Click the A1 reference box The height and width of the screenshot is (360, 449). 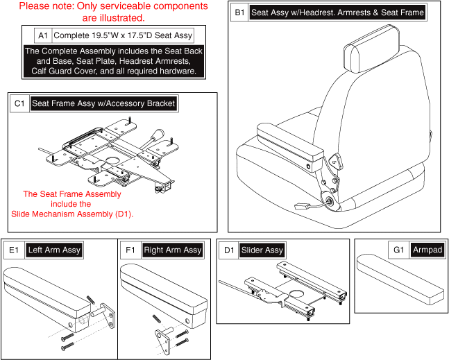[x=43, y=35]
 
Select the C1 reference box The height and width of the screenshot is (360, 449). [x=19, y=104]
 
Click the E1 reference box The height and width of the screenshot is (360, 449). [x=15, y=250]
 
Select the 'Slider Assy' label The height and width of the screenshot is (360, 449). [x=262, y=250]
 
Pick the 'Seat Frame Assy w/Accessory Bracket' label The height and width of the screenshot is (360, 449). [x=103, y=104]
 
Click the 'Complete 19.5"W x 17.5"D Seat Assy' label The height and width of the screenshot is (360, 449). [x=124, y=35]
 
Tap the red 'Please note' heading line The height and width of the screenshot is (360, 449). [x=113, y=6]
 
